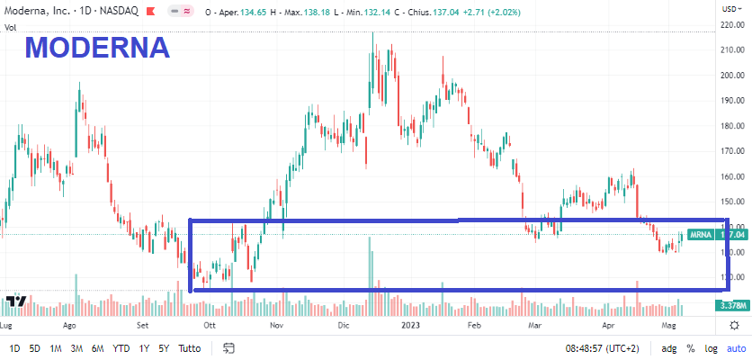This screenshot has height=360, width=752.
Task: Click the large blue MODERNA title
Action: [x=97, y=48]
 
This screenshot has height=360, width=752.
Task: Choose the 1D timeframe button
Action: [x=14, y=347]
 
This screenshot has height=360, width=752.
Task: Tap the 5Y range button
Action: [x=164, y=347]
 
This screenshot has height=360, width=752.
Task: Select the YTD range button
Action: [x=121, y=347]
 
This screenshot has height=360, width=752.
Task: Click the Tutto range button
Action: [x=190, y=347]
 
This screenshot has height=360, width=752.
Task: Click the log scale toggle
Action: [x=711, y=347]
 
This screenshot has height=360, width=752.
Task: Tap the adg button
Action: [x=669, y=347]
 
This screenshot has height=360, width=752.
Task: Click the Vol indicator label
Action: [x=12, y=28]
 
